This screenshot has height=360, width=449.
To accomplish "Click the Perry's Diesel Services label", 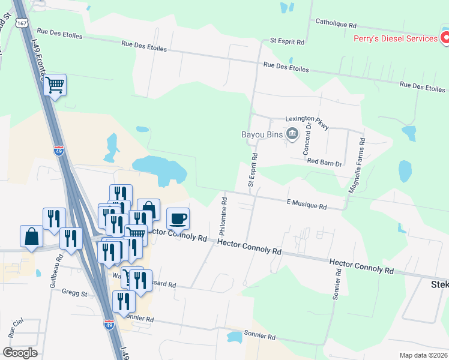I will click(396, 38).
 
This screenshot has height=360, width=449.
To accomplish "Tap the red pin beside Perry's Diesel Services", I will click(445, 38).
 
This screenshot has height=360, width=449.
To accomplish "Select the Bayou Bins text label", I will click(262, 134).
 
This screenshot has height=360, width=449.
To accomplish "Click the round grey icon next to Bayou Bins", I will click(292, 133).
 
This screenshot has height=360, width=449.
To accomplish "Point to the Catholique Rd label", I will click(336, 25).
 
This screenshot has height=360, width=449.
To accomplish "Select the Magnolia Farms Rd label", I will click(358, 165).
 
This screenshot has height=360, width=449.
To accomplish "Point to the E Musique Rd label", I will click(306, 206).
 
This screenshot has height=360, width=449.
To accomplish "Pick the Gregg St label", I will click(76, 295).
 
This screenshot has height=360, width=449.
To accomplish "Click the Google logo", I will click(20, 353).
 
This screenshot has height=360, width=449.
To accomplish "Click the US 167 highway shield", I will click(22, 22).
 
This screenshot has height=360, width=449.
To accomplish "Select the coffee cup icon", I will click(178, 218).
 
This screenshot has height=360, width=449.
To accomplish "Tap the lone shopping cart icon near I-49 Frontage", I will click(55, 85).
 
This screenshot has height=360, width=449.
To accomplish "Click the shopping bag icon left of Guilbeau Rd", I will click(31, 236).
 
